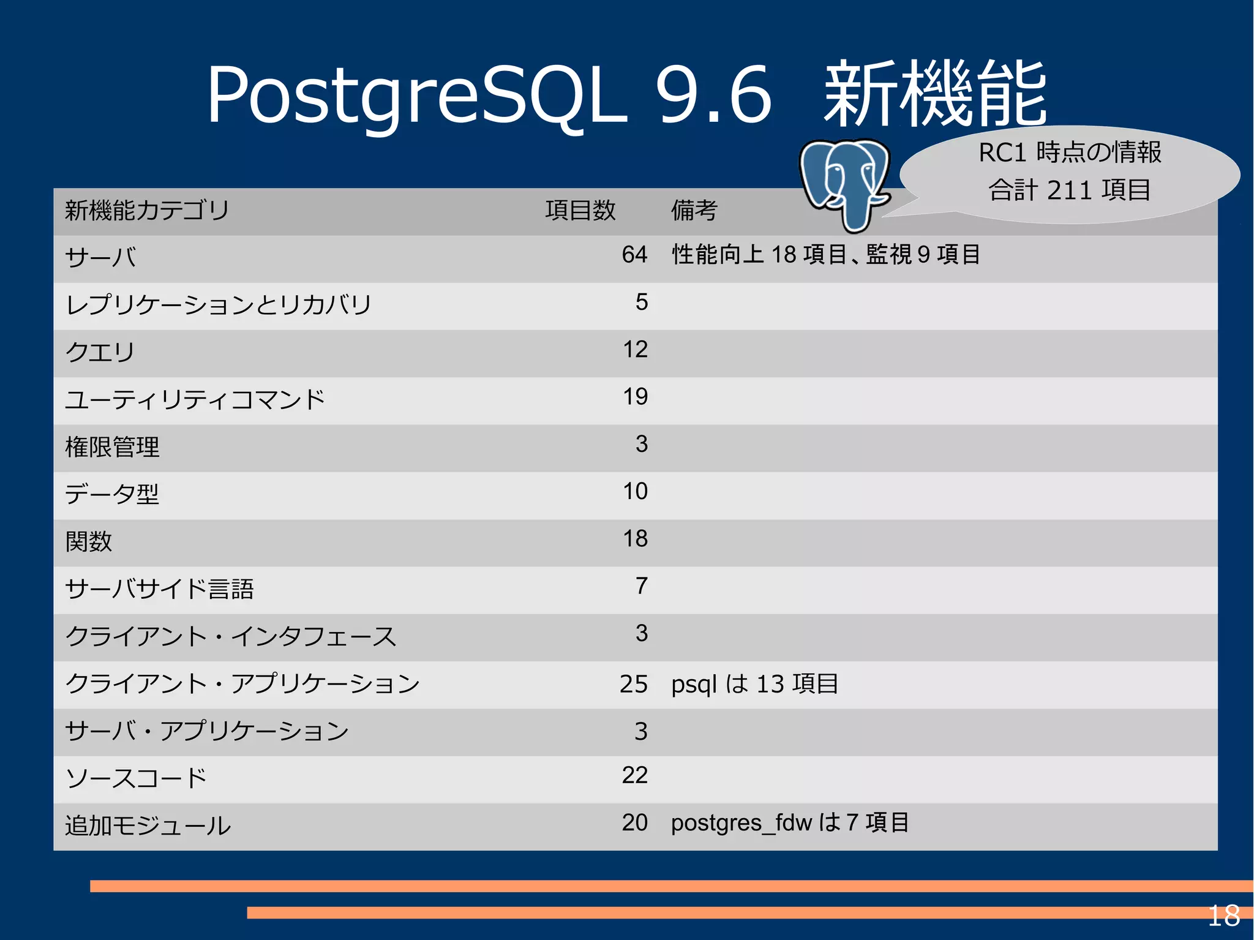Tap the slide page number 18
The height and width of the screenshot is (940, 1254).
pos(1223,916)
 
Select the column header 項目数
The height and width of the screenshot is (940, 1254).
pos(580,211)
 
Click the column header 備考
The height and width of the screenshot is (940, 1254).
pos(694,211)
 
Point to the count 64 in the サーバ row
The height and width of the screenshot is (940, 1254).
pos(634,255)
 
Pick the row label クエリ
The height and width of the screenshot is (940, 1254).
pos(100,352)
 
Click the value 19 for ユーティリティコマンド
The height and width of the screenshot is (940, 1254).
pos(635,397)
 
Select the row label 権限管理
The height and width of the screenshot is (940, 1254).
pos(112,447)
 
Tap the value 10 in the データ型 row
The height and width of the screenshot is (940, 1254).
pos(635,491)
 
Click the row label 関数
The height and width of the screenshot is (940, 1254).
pos(89,541)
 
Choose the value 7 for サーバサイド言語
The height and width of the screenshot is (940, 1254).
pos(641,586)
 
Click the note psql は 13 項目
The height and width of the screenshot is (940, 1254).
pos(754,684)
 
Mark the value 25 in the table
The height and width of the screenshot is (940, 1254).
pos(633,684)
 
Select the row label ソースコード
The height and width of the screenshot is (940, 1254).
pos(136,778)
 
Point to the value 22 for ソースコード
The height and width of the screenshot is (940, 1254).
pos(634,775)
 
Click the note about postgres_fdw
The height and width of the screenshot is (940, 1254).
pos(790,822)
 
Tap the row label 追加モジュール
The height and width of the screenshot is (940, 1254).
pos(148,825)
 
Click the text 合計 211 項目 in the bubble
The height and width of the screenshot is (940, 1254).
pos(1069,190)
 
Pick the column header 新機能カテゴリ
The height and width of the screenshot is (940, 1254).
pos(147,211)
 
